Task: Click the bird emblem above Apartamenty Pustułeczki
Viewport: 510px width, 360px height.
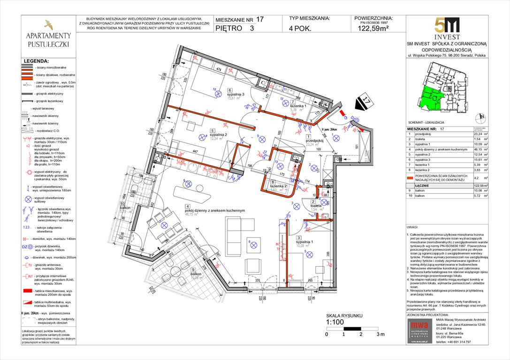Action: tap(48, 24)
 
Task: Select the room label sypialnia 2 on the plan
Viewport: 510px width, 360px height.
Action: tap(219, 133)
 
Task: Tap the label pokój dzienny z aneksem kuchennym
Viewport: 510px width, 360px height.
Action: tap(214, 211)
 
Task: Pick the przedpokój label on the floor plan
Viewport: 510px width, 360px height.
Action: tap(315, 140)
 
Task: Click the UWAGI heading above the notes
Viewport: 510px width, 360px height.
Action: tap(413, 226)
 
